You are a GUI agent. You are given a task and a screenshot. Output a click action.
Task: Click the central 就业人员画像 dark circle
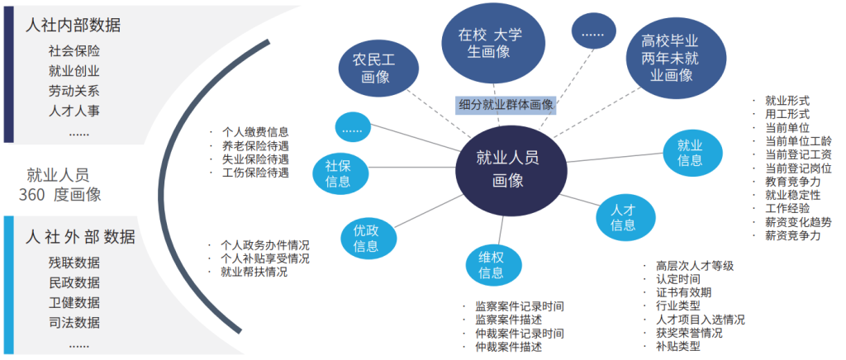pyautogui.click(x=511, y=169)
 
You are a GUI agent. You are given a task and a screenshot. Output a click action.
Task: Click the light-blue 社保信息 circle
pyautogui.click(x=339, y=173)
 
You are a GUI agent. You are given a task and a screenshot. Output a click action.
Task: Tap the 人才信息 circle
pyautogui.click(x=626, y=216)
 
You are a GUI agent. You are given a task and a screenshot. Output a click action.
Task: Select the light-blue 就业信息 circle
pyautogui.click(x=692, y=153)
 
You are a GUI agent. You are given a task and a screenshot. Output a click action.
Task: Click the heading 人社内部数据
pyautogui.click(x=73, y=26)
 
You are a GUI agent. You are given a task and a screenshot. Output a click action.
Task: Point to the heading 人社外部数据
pyautogui.click(x=80, y=237)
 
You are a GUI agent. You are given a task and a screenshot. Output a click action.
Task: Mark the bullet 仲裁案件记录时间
pyautogui.click(x=520, y=334)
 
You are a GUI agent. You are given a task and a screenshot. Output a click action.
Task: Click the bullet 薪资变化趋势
pyautogui.click(x=798, y=222)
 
